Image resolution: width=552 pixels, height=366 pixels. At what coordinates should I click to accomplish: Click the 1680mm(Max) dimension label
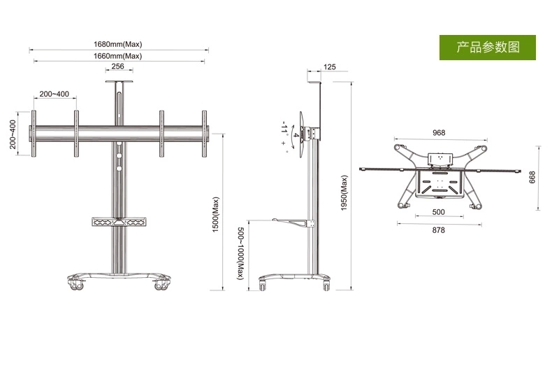click(117, 44)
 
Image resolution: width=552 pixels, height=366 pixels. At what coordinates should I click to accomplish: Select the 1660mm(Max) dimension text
click(117, 56)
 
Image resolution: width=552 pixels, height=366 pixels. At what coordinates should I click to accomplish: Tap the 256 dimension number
click(117, 66)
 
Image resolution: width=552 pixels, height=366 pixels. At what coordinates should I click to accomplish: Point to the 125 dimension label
click(330, 67)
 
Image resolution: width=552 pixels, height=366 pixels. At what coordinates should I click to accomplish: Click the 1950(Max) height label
click(344, 193)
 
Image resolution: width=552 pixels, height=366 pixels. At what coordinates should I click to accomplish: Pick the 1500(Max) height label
click(215, 214)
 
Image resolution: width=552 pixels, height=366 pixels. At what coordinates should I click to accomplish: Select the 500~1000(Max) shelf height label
click(240, 253)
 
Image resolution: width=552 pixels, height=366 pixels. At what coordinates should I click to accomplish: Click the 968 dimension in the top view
click(439, 133)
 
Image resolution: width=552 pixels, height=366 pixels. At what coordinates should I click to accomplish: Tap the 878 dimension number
click(438, 230)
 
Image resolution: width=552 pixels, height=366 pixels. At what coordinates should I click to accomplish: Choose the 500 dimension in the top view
click(438, 212)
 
